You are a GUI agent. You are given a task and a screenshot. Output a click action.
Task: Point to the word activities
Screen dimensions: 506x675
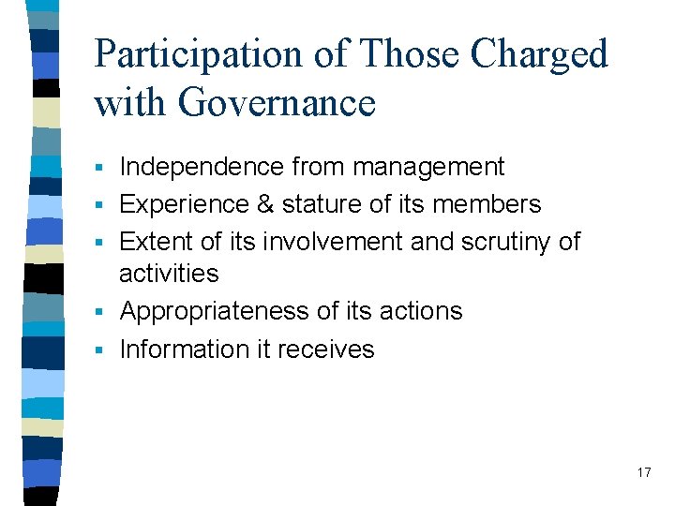tap(169, 274)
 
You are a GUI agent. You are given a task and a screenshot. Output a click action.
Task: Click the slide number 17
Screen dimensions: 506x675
tap(643, 472)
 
